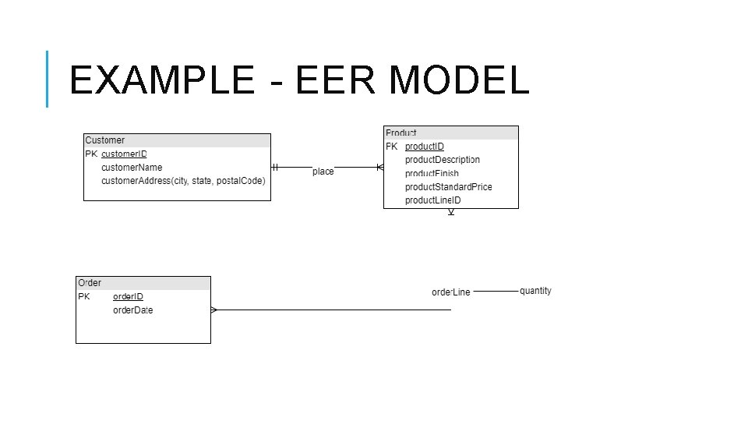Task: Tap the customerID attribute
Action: pos(124,154)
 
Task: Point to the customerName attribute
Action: pos(132,168)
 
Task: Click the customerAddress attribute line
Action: pos(183,181)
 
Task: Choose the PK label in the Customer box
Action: pos(90,154)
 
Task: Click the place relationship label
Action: pos(323,172)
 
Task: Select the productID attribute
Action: pos(425,147)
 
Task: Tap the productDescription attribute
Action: pos(443,160)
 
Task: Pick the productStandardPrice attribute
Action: pos(448,187)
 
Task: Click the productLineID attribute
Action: pos(433,200)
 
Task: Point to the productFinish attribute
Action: pos(432,173)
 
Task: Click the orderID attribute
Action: pos(128,297)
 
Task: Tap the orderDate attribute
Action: pos(132,310)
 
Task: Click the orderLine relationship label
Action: pos(451,292)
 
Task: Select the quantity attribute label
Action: pos(535,291)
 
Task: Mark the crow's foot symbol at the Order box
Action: pos(214,310)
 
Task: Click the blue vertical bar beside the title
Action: pos(48,79)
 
